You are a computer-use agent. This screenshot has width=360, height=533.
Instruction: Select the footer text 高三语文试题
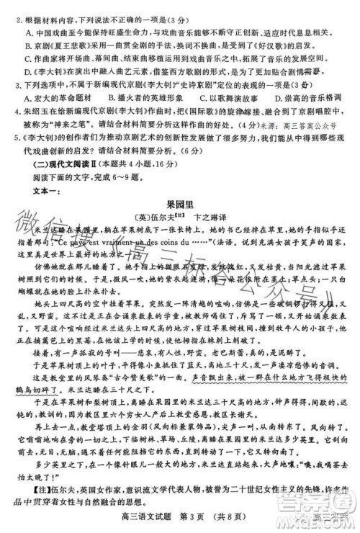[x=144, y=516]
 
